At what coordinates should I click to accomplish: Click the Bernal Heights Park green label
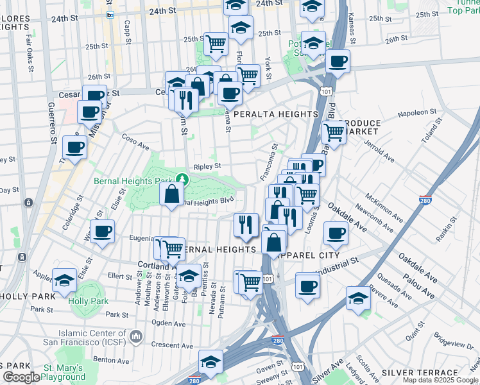point(135,182)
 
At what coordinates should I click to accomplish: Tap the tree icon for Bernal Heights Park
point(183,179)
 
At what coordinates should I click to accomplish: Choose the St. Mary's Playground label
point(64,372)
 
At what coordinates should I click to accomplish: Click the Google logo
point(21,377)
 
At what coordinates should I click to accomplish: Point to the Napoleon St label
point(417,113)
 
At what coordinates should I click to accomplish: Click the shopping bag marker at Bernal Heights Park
point(172,194)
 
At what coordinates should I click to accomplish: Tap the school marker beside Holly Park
point(65,282)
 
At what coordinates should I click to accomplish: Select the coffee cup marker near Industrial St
point(308,284)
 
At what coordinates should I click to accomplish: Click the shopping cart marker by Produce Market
point(334,132)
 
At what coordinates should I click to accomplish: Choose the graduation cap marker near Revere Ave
point(358,298)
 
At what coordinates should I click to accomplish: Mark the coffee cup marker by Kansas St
point(338,62)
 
